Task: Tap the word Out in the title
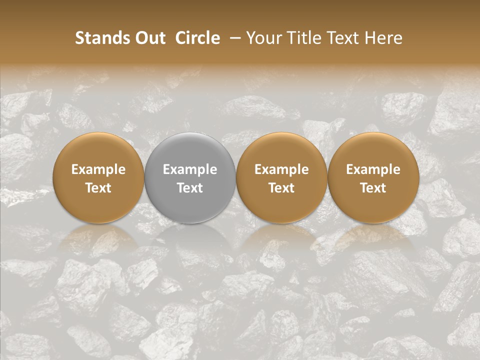coord(148,38)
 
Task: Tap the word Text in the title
coord(343,38)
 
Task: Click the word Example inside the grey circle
coord(190,169)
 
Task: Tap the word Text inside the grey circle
coord(190,188)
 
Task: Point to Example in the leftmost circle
coord(98,169)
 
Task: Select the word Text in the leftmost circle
coord(98,188)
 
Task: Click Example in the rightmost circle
coord(373,169)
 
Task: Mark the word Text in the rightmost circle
coord(373,188)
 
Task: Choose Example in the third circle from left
coord(281,169)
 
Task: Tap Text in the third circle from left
coord(281,188)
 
